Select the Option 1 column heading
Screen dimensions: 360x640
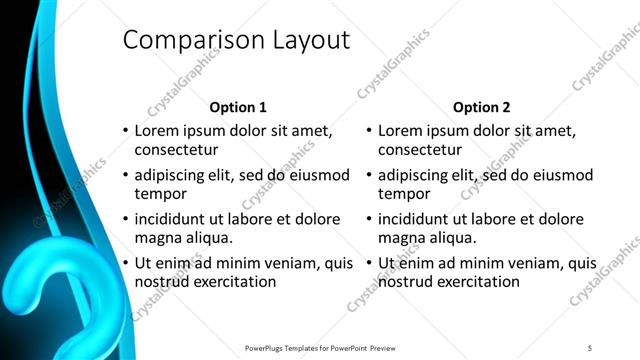[x=238, y=107]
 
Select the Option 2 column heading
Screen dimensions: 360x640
[x=481, y=107]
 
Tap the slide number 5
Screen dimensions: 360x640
[x=590, y=348]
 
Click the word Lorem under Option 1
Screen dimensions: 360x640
[x=157, y=130]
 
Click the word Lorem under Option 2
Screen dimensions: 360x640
[x=400, y=130]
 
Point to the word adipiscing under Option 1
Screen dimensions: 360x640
[x=172, y=175]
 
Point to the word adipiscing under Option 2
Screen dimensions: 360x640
[x=415, y=175]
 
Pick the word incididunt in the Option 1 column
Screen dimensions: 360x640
[x=172, y=219]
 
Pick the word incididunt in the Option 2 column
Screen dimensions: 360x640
[x=415, y=219]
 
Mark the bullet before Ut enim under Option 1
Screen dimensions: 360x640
[x=125, y=264]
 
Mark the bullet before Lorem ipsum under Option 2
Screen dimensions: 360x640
[x=368, y=131]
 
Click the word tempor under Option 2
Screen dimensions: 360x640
[x=403, y=193]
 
